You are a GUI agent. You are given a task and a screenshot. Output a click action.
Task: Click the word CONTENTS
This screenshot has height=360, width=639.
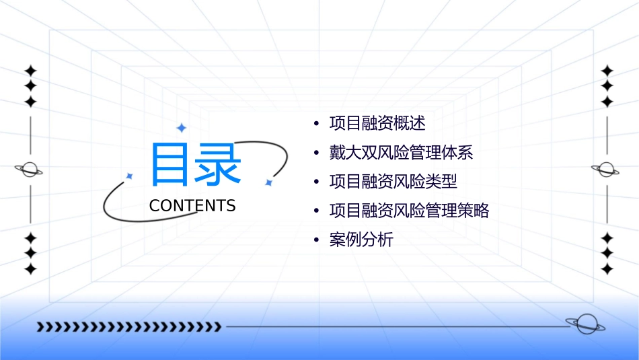[192, 206]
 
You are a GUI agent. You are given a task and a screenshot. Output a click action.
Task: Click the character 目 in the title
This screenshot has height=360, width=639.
[170, 164]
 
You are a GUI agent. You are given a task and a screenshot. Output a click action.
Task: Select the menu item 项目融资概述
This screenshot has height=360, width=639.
[377, 123]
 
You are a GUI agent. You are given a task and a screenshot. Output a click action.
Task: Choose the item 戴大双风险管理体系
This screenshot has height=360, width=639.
[401, 153]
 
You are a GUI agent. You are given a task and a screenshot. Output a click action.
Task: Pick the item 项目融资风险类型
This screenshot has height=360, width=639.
[393, 182]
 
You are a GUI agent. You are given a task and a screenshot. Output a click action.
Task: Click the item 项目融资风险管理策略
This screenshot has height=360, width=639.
[409, 211]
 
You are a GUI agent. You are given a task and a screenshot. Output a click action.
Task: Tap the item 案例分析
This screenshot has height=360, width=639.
[361, 240]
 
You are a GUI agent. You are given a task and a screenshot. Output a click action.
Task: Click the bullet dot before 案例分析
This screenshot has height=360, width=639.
[316, 240]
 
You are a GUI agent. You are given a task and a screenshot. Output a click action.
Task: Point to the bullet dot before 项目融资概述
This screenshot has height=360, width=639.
[316, 124]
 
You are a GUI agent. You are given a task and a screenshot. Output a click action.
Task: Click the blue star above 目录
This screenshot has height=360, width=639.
[181, 127]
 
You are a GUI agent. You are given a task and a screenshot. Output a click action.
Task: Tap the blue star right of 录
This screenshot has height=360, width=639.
[268, 182]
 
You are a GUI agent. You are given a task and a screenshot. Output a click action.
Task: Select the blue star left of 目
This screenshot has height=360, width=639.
[129, 176]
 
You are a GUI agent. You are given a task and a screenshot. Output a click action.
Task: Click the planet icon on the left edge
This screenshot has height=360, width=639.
[30, 170]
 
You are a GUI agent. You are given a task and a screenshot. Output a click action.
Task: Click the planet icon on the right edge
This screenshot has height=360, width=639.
[606, 170]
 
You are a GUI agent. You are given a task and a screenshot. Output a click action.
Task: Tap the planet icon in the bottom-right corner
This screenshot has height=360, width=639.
[585, 324]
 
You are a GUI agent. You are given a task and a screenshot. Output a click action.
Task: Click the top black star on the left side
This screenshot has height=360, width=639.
[30, 71]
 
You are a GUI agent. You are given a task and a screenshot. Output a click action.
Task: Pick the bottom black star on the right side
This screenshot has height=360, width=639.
[607, 268]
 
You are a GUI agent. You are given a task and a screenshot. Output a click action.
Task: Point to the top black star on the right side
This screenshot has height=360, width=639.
[607, 71]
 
